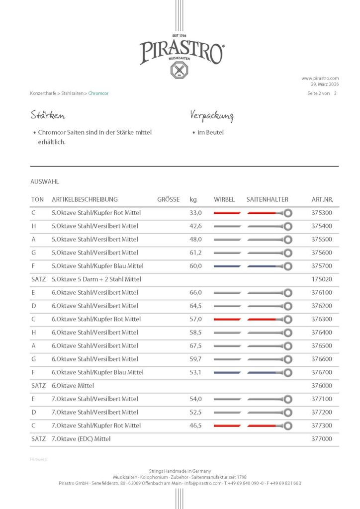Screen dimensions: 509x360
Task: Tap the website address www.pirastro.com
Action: (x=320, y=78)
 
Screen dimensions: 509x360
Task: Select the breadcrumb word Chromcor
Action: (x=98, y=93)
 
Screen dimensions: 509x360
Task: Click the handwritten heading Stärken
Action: (x=48, y=116)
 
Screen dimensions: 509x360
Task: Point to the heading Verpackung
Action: (x=211, y=116)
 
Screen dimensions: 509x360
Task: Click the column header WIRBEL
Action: (x=224, y=199)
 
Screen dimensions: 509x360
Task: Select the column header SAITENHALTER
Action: (x=267, y=199)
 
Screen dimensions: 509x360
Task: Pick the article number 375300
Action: (x=322, y=213)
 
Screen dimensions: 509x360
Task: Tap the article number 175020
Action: (x=322, y=279)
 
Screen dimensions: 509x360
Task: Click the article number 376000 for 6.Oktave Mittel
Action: (x=322, y=385)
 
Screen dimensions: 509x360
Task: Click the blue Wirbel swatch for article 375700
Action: (x=227, y=266)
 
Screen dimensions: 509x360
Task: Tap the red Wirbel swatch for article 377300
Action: (x=227, y=425)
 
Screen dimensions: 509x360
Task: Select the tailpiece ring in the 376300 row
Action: (x=287, y=319)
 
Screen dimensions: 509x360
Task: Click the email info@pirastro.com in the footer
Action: (x=202, y=483)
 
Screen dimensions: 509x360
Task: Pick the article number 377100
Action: (x=322, y=399)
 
